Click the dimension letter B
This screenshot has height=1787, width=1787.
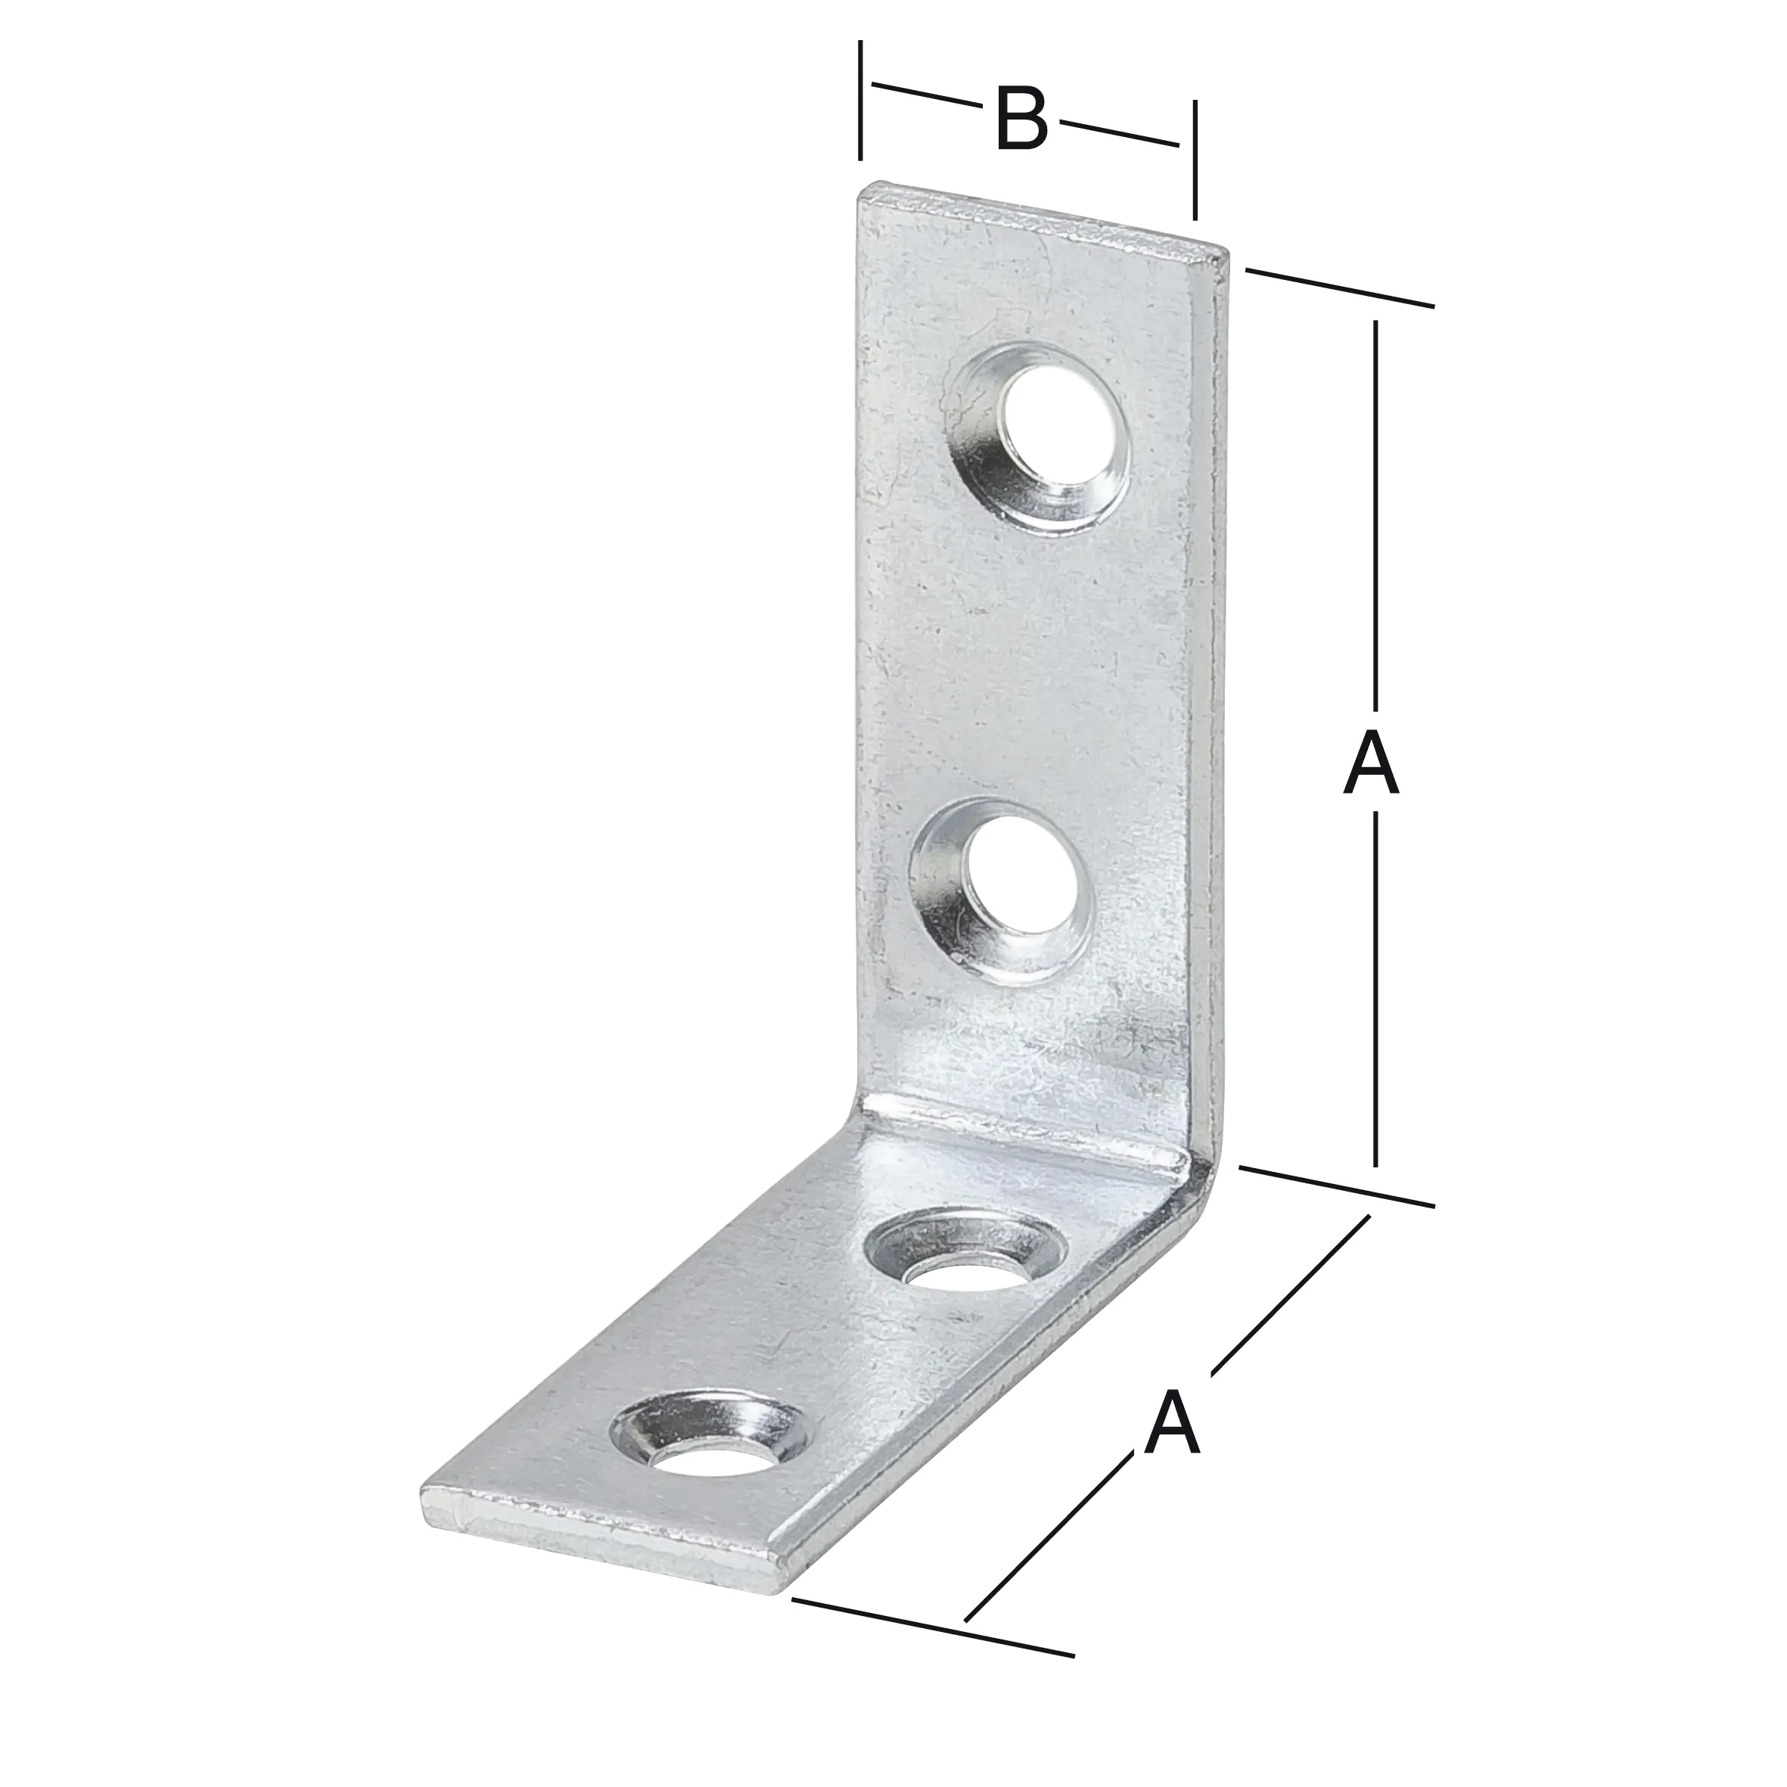tap(1021, 120)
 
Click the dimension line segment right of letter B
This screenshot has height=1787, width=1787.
tap(1119, 133)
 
